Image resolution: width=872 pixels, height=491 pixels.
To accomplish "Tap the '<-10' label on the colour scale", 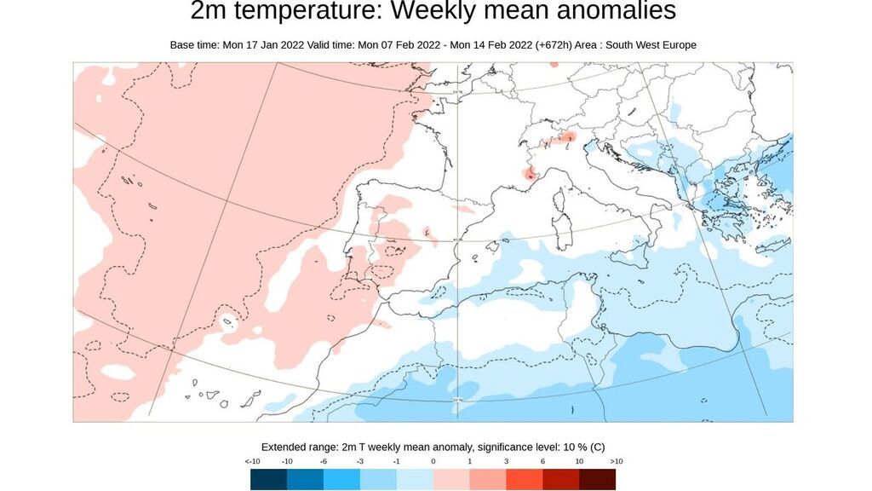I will point(252,461).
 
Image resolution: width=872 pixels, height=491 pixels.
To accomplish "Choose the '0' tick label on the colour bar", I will point(433,461).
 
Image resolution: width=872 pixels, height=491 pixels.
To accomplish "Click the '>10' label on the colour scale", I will point(617,461).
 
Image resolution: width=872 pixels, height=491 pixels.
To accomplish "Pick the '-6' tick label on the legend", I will point(324,461).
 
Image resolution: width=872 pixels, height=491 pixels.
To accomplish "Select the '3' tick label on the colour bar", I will point(506,461).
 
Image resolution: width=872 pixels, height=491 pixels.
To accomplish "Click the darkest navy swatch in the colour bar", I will point(269,480).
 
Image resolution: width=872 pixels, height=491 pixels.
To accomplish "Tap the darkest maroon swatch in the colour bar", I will point(598,480).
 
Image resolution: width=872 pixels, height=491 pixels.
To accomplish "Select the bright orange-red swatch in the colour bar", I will point(525,480).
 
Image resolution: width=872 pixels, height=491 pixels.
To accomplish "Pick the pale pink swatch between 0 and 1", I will point(452,480).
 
